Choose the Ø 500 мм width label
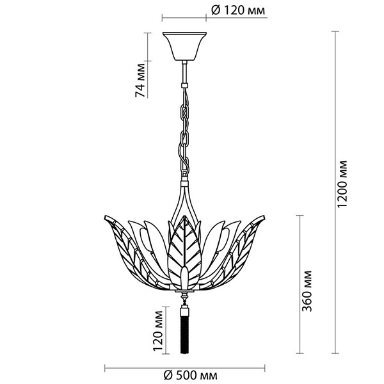pos(189,375)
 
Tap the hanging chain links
pos(185,131)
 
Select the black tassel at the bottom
pos(186,333)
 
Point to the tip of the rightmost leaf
pos(268,218)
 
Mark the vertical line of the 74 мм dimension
pos(148,64)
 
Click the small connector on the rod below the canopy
pos(185,84)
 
